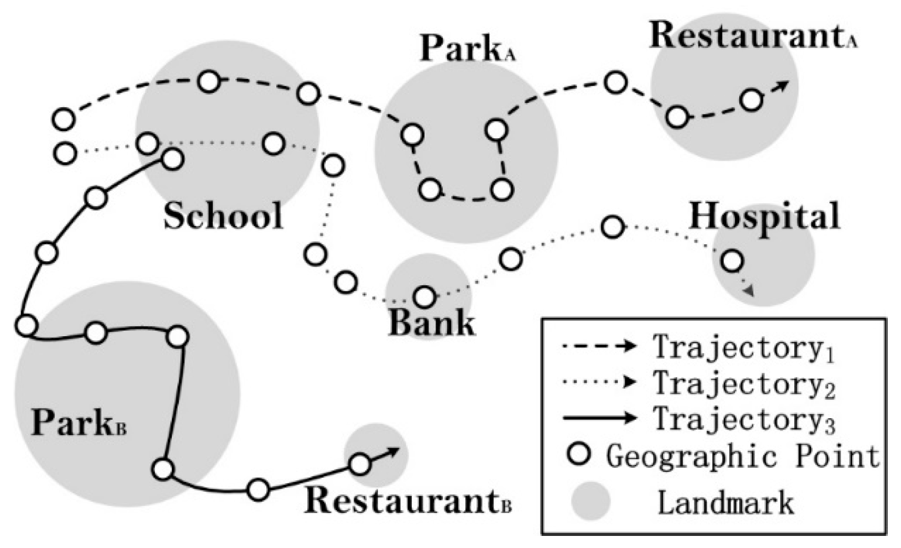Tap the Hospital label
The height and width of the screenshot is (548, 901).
[764, 216]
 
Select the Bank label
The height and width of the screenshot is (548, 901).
[431, 322]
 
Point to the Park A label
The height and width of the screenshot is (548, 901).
[467, 48]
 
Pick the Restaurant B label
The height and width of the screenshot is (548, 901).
[408, 500]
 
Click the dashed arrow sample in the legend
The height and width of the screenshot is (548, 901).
[599, 346]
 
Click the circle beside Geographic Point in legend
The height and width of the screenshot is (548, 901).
[579, 454]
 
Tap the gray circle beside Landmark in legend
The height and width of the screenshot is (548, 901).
[591, 501]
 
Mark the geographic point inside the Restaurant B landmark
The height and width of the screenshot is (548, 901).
[360, 464]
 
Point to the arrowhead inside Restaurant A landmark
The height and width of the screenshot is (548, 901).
[782, 85]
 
